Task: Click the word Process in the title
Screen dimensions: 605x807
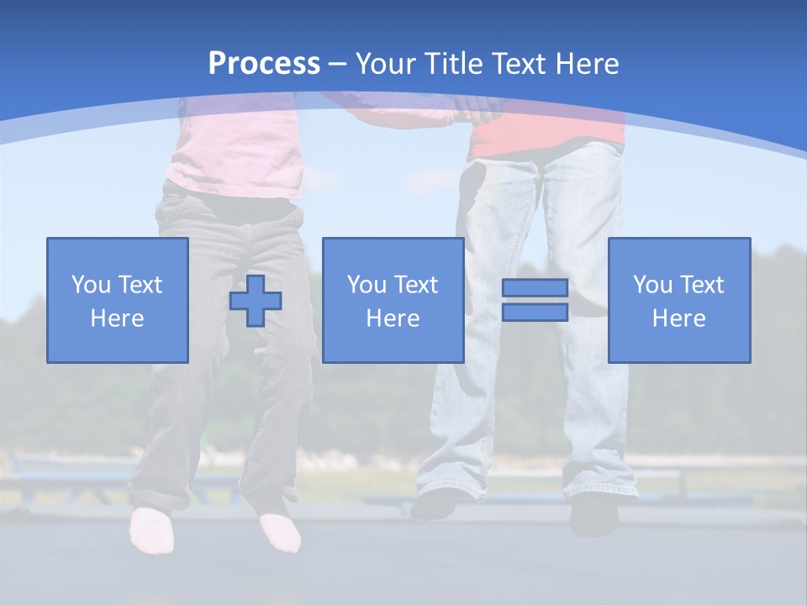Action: pyautogui.click(x=264, y=64)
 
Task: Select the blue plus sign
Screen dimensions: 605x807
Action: pyautogui.click(x=256, y=300)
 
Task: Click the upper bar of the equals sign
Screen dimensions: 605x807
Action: pyautogui.click(x=535, y=288)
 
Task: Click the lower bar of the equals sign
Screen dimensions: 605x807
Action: pyautogui.click(x=535, y=312)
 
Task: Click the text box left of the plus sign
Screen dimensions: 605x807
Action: pyautogui.click(x=118, y=300)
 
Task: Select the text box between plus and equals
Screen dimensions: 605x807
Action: pyautogui.click(x=393, y=300)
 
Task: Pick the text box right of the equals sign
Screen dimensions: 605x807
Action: pyautogui.click(x=678, y=300)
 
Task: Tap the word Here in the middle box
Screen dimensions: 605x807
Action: pyautogui.click(x=393, y=318)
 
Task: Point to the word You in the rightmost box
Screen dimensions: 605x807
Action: pyautogui.click(x=652, y=285)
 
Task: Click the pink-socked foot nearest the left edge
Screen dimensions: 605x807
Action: pyautogui.click(x=151, y=529)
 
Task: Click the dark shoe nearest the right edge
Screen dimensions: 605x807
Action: pyautogui.click(x=593, y=513)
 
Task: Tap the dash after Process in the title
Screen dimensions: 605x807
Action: pyautogui.click(x=338, y=64)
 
